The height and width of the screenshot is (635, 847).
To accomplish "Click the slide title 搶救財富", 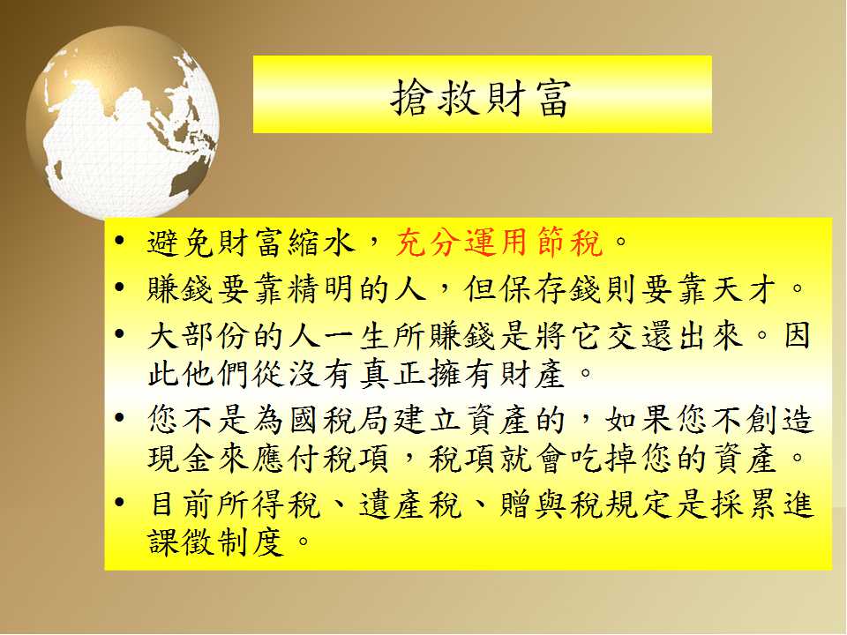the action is tap(481, 98).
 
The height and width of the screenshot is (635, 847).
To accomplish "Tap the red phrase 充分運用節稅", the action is tap(498, 242).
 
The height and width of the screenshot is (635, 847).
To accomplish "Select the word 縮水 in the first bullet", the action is tap(322, 242).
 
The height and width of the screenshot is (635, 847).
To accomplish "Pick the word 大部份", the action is tap(199, 336).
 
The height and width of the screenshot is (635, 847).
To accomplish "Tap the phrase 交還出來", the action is tap(675, 336).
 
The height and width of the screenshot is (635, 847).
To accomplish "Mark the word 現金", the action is tap(182, 459).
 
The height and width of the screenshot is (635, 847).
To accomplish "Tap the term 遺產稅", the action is tap(410, 504).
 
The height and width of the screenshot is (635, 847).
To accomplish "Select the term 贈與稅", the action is tap(551, 504).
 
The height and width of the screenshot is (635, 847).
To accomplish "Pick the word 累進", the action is tap(778, 504).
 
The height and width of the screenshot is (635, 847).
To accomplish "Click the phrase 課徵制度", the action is tap(215, 542).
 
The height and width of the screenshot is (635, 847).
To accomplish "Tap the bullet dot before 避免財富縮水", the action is tap(120, 240).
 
